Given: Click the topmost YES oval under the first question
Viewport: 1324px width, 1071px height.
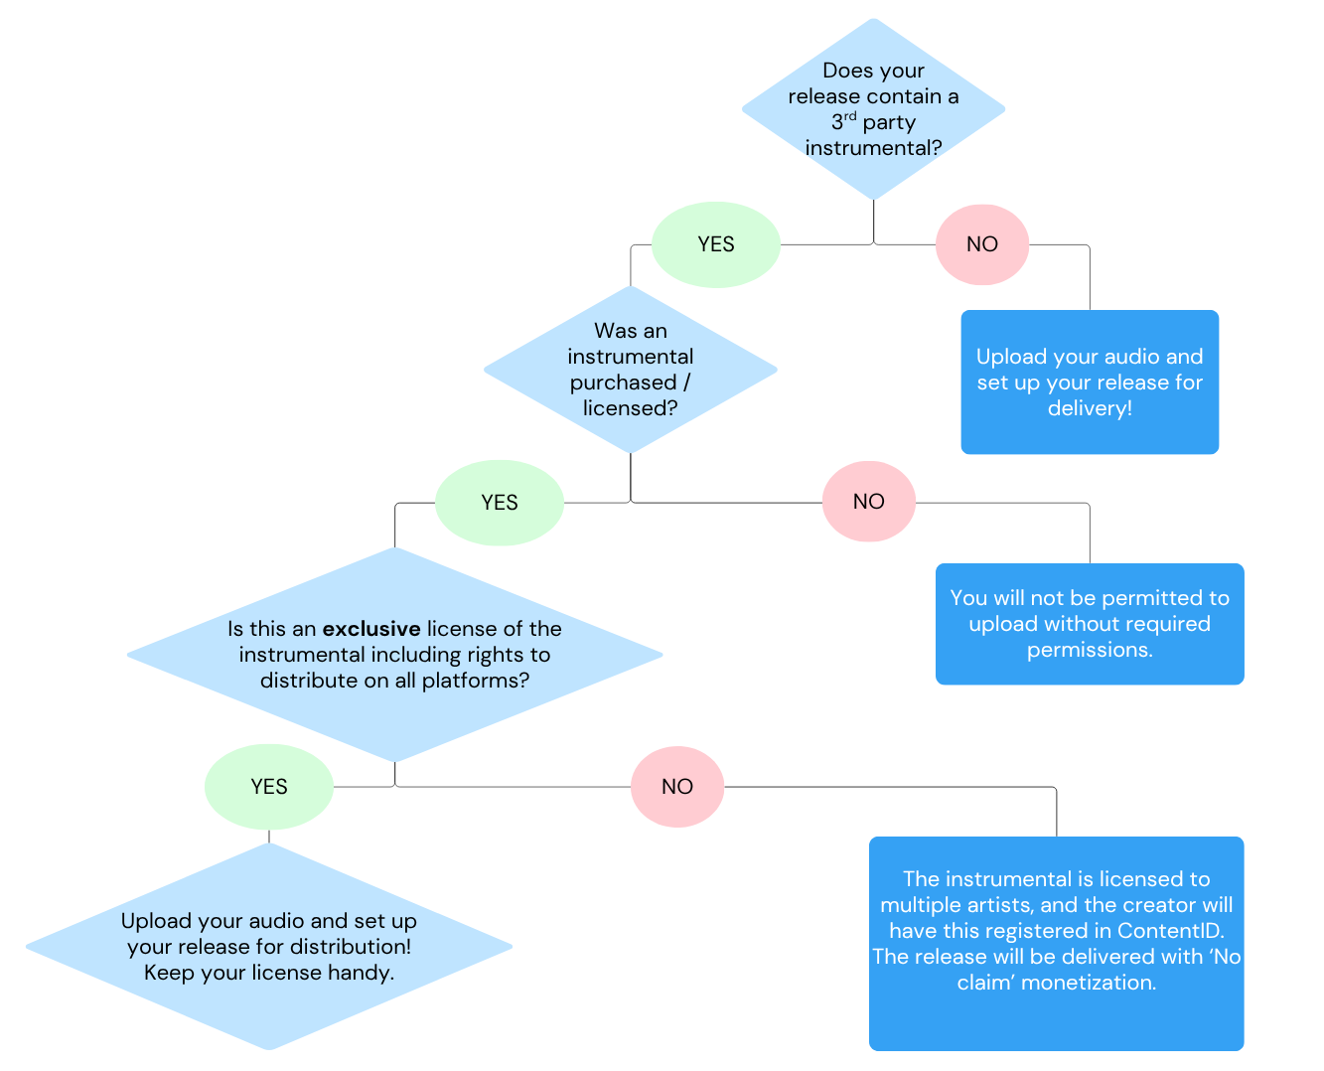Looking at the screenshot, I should pos(715,244).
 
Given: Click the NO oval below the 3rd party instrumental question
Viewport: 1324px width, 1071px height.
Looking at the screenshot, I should pos(981,244).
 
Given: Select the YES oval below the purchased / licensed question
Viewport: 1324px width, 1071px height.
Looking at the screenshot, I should pos(499,503).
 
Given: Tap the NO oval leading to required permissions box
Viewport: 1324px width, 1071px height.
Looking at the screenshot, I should pos(868,502).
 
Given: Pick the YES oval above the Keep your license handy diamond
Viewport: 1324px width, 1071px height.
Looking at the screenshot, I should pos(268,787).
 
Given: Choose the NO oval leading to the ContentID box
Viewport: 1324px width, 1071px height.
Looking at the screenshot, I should pos(676,787).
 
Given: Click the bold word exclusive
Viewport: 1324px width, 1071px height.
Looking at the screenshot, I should pos(371,629).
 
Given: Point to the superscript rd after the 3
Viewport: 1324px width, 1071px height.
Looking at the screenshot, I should pos(850,116).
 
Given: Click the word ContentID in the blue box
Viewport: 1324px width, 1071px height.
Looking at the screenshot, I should pos(1170,931).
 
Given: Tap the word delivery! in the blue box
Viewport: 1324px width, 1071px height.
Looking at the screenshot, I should pos(1090,408).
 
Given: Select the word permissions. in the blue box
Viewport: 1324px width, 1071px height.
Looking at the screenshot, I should pos(1090,650).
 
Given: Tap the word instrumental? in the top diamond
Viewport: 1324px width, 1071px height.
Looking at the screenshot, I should pos(873,148).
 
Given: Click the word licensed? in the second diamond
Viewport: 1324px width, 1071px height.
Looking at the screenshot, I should pos(630,408).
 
